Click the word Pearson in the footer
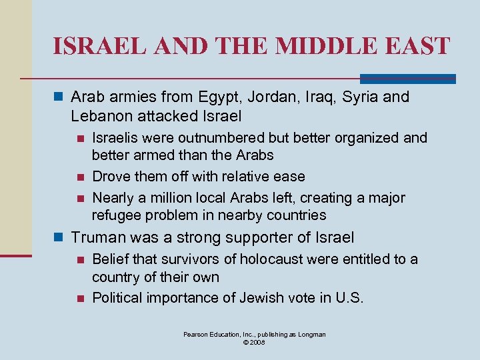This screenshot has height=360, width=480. (x=197, y=334)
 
